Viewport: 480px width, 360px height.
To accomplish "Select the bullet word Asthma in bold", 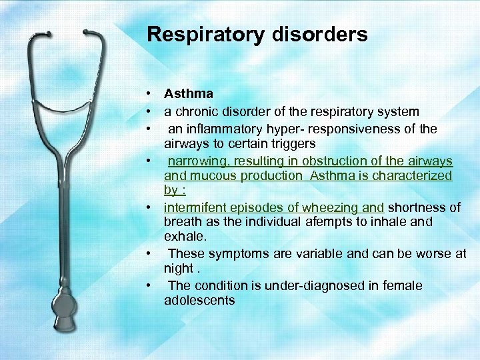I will pyautogui.click(x=188, y=94).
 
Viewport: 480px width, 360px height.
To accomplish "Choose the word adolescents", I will pyautogui.click(x=199, y=300).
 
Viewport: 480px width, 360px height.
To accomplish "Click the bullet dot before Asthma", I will pyautogui.click(x=152, y=95).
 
